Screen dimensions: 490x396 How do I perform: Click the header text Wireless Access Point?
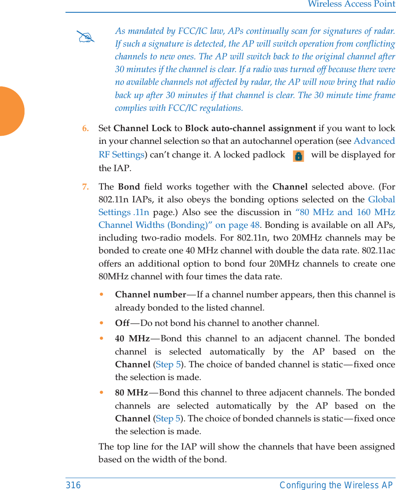click(x=351, y=4)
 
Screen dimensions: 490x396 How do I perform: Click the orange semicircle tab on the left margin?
click(x=11, y=111)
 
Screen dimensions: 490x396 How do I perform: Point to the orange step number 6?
click(x=85, y=128)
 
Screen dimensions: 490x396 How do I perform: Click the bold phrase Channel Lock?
click(x=142, y=128)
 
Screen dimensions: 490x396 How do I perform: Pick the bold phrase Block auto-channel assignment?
click(x=250, y=128)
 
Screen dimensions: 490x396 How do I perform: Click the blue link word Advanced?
click(x=374, y=141)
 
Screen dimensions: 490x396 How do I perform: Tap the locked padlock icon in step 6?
click(x=298, y=156)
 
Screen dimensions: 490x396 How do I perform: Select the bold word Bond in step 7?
click(x=129, y=186)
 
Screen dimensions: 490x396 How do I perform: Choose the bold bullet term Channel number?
click(x=150, y=294)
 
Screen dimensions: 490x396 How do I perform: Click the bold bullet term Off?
click(x=122, y=323)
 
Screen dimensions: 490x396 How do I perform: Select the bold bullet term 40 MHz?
click(x=132, y=339)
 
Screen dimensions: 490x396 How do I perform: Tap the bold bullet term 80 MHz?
click(x=131, y=392)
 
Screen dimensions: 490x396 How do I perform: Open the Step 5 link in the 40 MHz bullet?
click(x=168, y=365)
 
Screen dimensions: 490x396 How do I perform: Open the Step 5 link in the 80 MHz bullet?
click(x=168, y=418)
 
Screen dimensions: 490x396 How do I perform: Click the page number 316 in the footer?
click(x=73, y=485)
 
